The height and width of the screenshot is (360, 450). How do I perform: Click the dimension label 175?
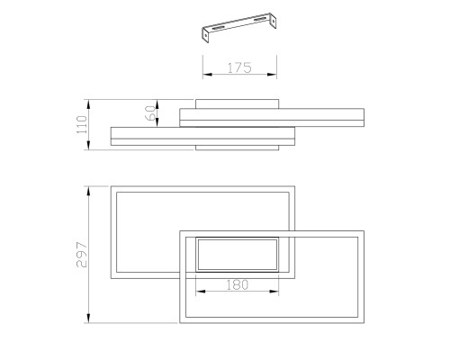click(239, 67)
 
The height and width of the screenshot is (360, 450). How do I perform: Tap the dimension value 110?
click(82, 124)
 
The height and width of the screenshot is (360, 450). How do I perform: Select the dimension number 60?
click(150, 112)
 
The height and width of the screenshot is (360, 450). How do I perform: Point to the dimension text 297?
click(82, 255)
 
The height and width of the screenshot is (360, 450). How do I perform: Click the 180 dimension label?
click(237, 284)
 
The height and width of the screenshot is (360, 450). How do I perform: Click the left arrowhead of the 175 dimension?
click(207, 74)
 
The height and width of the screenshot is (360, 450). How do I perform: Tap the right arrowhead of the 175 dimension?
click(272, 74)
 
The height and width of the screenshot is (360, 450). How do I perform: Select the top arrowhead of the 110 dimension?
click(88, 104)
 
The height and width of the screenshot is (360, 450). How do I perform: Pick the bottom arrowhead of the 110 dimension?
click(88, 145)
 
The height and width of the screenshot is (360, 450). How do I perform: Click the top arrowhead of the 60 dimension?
click(157, 104)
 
